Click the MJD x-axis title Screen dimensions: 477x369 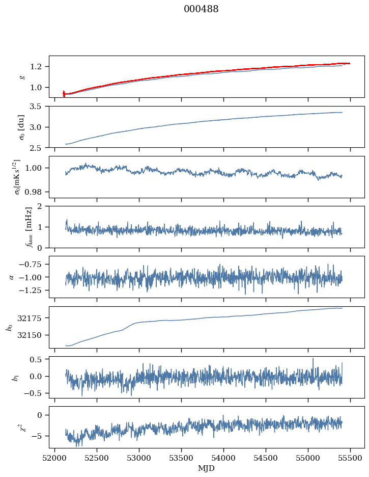[x=207, y=468]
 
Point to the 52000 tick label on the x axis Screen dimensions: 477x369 [x=55, y=458]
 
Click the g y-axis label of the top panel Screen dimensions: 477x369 [x=22, y=76]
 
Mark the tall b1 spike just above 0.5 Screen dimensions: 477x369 [x=313, y=359]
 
